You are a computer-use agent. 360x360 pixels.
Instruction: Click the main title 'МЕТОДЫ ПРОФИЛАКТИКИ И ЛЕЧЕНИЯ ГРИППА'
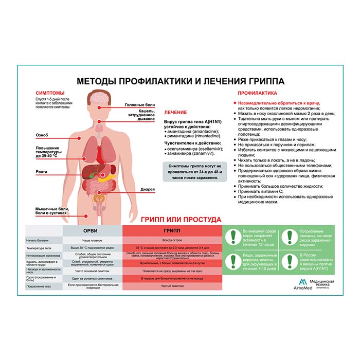180,81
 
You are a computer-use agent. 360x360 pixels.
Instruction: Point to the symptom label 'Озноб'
42,135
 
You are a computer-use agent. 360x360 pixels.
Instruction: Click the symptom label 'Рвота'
42,172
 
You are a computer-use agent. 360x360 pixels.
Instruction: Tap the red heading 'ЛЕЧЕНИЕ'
175,112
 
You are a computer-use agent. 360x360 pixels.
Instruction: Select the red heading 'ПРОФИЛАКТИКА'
257,93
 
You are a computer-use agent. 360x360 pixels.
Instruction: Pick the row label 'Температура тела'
37,247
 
